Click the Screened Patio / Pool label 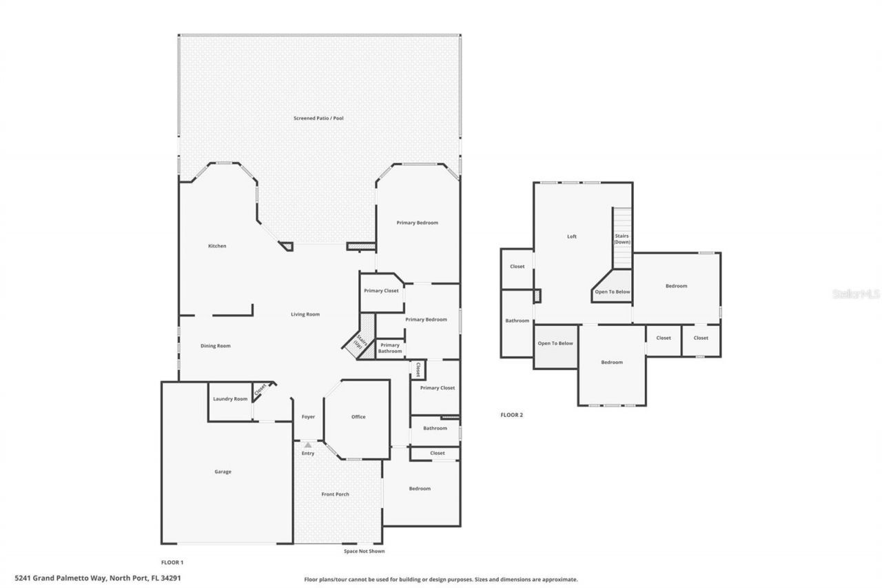pyautogui.click(x=318, y=119)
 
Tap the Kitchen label pyautogui.click(x=217, y=246)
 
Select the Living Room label pyautogui.click(x=305, y=314)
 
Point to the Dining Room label pyautogui.click(x=215, y=346)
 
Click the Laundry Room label pyautogui.click(x=230, y=399)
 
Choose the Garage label pyautogui.click(x=223, y=472)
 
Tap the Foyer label pyautogui.click(x=308, y=417)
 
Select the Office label pyautogui.click(x=358, y=417)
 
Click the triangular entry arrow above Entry pyautogui.click(x=308, y=445)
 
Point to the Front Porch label pyautogui.click(x=336, y=494)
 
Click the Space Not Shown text pyautogui.click(x=365, y=551)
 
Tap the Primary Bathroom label pyautogui.click(x=390, y=348)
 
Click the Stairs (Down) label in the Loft pyautogui.click(x=622, y=239)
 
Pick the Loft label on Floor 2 pyautogui.click(x=572, y=236)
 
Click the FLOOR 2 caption pyautogui.click(x=512, y=415)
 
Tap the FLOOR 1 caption pyautogui.click(x=172, y=562)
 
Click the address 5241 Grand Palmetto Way pyautogui.click(x=98, y=579)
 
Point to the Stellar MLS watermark pyautogui.click(x=856, y=294)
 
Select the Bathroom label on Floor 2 pyautogui.click(x=517, y=321)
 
